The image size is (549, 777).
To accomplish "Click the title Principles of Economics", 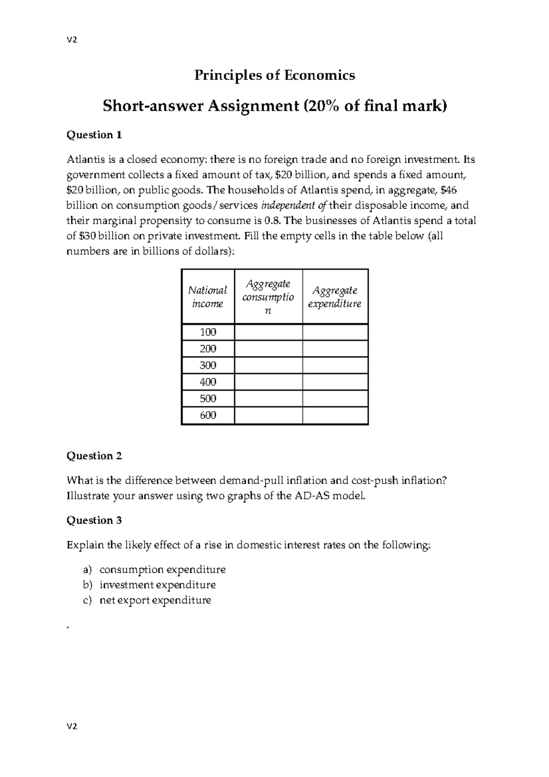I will (x=274, y=75).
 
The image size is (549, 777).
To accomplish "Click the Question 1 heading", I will (x=94, y=135).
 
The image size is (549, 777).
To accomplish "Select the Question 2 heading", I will (x=94, y=456).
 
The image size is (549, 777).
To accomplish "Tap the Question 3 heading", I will (x=94, y=520).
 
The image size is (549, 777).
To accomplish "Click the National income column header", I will (x=208, y=297).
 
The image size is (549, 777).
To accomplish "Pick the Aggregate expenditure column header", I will (x=335, y=297).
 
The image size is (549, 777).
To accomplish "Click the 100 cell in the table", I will (x=208, y=332).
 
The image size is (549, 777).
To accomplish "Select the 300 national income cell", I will (x=208, y=366).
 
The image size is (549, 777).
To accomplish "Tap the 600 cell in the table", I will (x=208, y=415).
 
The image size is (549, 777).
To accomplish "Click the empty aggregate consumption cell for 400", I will (x=269, y=382).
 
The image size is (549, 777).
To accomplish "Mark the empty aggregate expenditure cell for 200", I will (x=335, y=349).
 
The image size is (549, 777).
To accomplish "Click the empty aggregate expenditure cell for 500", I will (x=335, y=399).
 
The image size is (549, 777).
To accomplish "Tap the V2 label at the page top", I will (x=72, y=40).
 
